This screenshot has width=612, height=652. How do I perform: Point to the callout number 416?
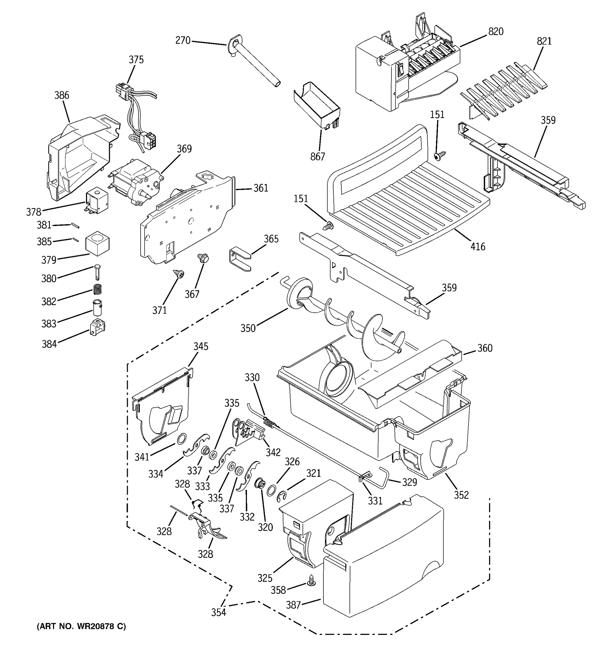click(478, 247)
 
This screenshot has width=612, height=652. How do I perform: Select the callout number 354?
click(219, 612)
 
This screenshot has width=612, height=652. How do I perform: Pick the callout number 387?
click(293, 605)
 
